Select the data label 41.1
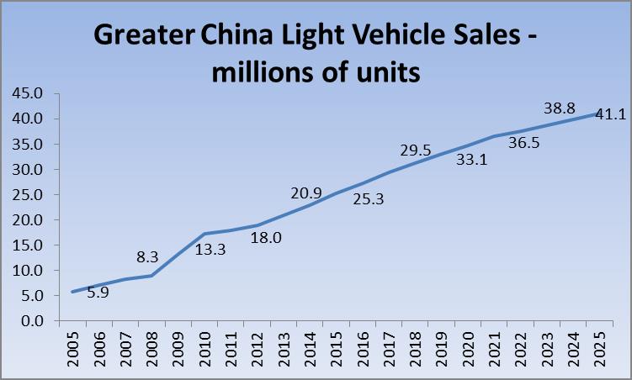click(612, 114)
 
